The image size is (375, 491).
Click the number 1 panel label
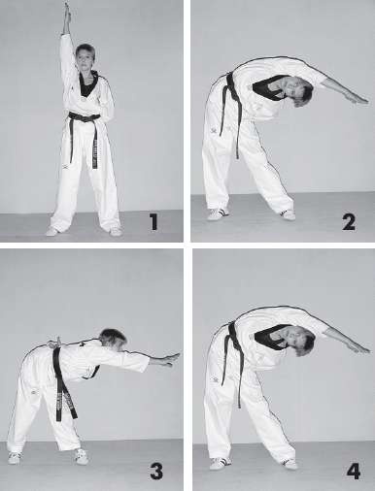(153, 222)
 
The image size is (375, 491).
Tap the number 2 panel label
(349, 222)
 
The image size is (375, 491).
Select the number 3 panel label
(156, 472)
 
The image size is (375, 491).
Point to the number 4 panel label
(354, 472)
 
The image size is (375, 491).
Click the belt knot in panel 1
(85, 117)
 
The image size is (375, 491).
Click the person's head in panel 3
(113, 339)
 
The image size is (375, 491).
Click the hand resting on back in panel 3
(55, 344)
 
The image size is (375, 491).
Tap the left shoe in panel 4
(221, 463)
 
